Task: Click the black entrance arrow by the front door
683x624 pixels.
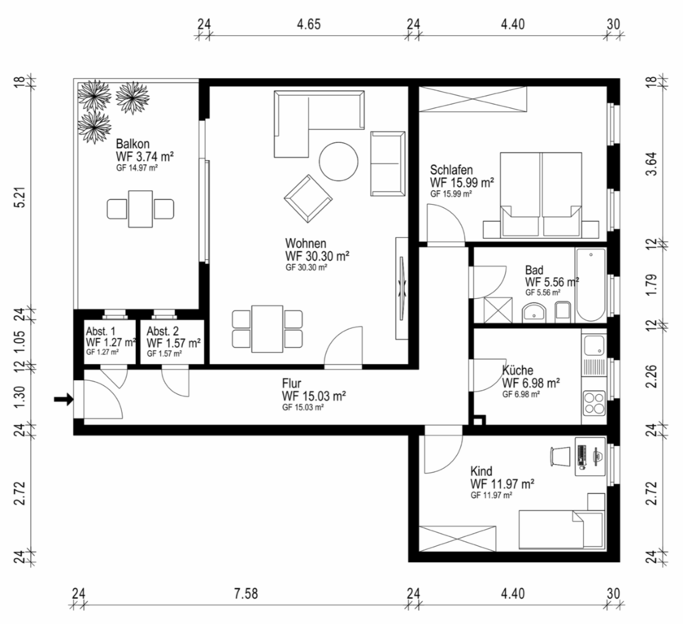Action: pos(63,399)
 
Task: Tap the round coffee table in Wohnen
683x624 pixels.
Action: pos(338,162)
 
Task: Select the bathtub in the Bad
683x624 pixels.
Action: pos(590,285)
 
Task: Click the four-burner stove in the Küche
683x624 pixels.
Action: pos(594,402)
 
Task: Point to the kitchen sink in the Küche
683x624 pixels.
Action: pos(594,345)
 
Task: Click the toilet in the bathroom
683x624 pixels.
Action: pos(563,311)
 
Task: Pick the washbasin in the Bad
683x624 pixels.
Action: pos(534,313)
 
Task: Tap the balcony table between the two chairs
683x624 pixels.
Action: pos(140,209)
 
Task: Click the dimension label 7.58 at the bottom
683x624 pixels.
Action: pos(246,594)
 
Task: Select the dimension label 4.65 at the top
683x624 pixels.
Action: pos(309,24)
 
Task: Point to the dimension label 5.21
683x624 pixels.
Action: pos(20,198)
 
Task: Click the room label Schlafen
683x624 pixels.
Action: pos(451,169)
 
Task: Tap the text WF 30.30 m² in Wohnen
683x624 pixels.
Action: pos(317,256)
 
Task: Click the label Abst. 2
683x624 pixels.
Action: pos(163,331)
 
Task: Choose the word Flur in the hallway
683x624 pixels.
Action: pos(291,383)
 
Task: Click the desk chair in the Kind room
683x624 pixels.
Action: pos(560,456)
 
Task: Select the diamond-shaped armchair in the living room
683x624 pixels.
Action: pos(308,199)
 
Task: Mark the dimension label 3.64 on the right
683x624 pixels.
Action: pos(651,163)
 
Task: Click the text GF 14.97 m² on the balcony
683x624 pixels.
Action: pos(137,168)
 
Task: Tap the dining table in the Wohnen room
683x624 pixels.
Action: pos(268,329)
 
